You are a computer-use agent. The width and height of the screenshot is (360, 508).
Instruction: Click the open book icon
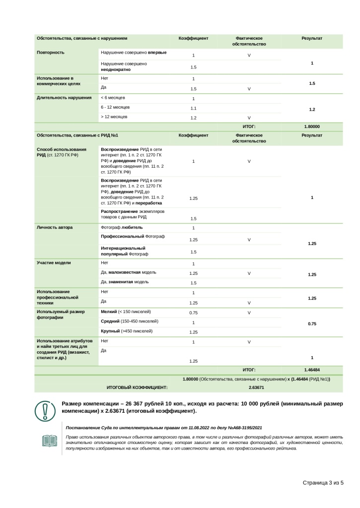(50, 441)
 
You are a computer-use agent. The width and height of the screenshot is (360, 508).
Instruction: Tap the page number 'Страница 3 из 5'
(323, 483)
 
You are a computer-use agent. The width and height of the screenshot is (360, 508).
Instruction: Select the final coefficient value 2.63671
(256, 387)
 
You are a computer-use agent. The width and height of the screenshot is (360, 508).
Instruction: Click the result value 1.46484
(312, 370)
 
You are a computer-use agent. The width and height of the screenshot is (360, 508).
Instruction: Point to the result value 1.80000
(312, 127)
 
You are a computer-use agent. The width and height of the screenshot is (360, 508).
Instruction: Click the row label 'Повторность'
(51, 52)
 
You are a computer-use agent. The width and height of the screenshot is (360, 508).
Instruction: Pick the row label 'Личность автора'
(55, 227)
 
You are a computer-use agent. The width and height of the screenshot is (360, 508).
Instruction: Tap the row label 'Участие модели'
(54, 262)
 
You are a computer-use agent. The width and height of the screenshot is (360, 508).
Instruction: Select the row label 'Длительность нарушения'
(60, 97)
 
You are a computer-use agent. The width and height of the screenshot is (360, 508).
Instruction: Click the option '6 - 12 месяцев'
(115, 107)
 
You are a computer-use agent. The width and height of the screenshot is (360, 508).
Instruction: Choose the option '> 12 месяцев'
(114, 117)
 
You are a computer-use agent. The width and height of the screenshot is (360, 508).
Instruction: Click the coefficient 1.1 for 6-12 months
(194, 108)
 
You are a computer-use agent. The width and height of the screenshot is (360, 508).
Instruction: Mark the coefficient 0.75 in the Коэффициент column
(194, 313)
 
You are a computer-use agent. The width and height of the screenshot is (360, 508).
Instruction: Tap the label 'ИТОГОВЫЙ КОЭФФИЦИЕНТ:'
(137, 387)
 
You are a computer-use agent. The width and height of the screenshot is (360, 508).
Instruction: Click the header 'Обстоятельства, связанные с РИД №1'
(77, 135)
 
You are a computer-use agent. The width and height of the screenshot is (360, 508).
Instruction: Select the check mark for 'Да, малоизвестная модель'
(249, 273)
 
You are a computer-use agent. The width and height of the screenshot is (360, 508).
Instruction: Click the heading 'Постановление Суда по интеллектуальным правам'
(164, 427)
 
